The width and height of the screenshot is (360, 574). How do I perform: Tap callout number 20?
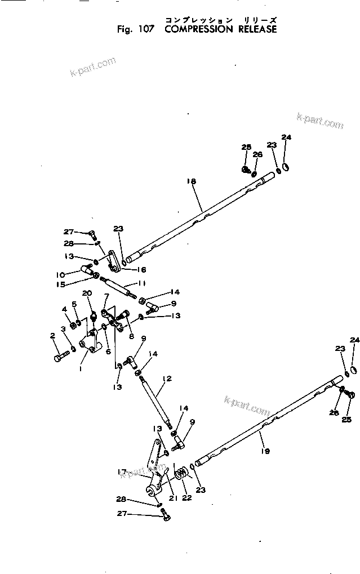pyautogui.click(x=87, y=293)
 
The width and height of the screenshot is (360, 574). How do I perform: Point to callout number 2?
pyautogui.click(x=52, y=336)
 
